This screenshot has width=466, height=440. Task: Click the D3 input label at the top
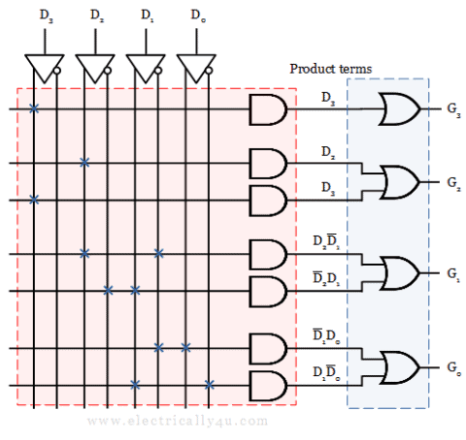point(46,16)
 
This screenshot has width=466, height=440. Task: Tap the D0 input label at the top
point(198,16)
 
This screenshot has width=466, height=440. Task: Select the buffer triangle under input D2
point(95,69)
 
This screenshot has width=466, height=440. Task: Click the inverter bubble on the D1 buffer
point(158,71)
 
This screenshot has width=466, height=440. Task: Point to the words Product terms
point(331,69)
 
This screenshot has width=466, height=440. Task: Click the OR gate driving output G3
point(400,109)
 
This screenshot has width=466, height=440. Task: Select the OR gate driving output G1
point(400,273)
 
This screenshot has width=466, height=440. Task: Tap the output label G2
point(453,183)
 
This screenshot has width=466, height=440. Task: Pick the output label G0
point(453,368)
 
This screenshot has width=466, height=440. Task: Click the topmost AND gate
point(267,110)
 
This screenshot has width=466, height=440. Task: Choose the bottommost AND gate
point(267,386)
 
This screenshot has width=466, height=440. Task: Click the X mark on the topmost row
point(34,109)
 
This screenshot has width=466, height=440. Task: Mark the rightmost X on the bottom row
point(210,385)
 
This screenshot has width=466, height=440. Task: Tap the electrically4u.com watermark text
point(178,422)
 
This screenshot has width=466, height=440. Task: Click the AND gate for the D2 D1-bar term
point(267,255)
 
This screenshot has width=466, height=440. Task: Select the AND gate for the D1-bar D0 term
point(267,349)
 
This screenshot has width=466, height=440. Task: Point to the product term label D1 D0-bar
point(326,372)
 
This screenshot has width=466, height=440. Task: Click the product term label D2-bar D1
point(326,278)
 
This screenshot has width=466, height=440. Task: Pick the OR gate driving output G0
point(400,367)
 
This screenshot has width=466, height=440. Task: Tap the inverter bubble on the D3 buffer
point(57,71)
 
